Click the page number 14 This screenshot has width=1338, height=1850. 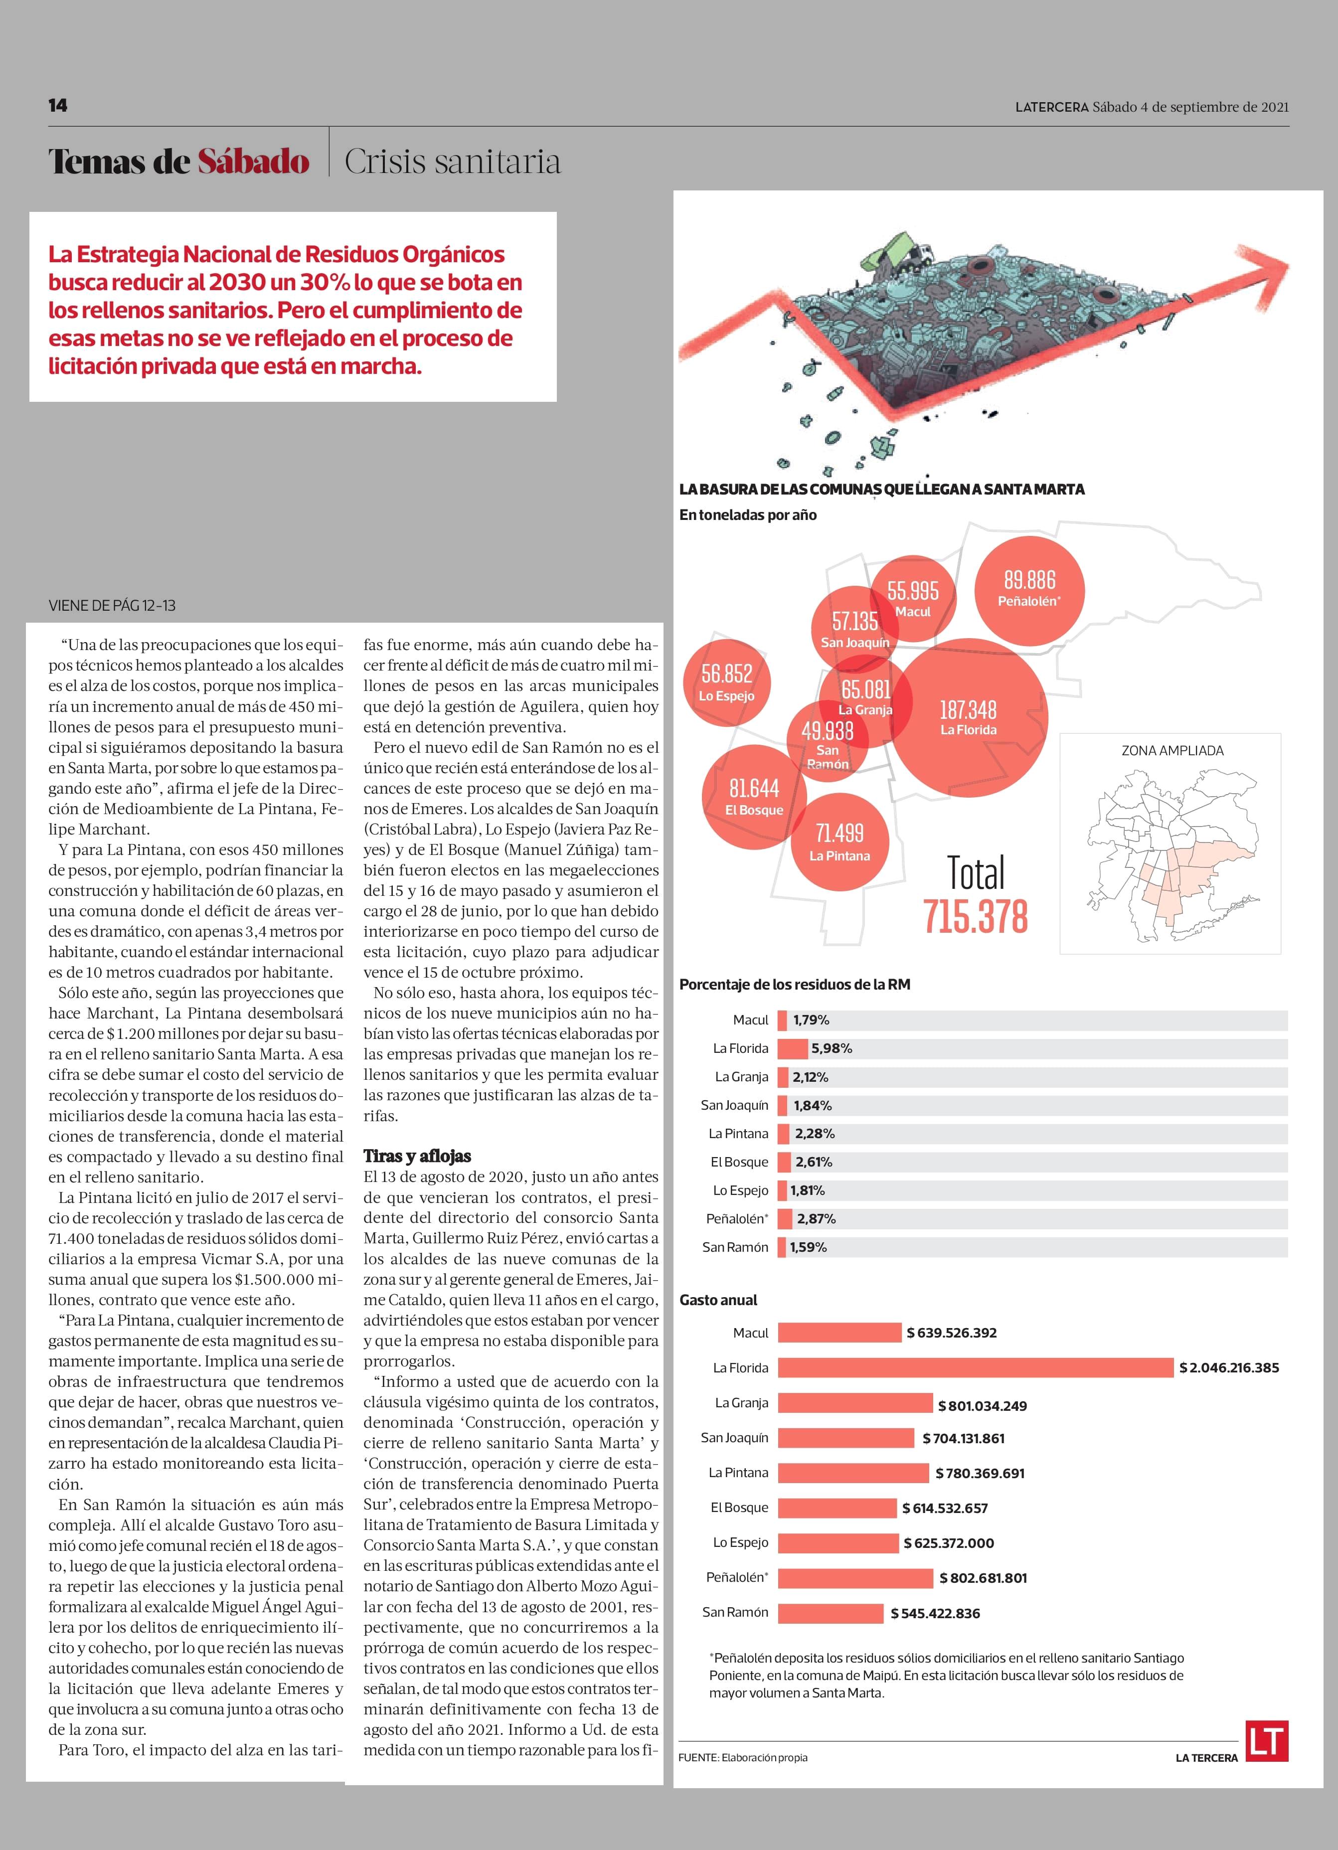[58, 105]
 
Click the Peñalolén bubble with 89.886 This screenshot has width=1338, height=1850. [1029, 589]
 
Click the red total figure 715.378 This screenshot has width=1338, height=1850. [976, 916]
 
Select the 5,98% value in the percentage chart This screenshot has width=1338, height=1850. [832, 1048]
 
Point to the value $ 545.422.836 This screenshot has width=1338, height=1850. [935, 1613]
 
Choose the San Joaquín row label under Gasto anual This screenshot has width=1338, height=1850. [734, 1437]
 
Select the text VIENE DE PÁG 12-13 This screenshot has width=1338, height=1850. [112, 605]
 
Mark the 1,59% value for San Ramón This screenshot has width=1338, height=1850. [808, 1247]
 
